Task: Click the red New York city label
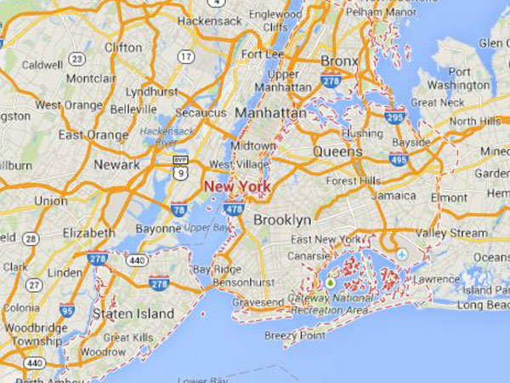click(x=236, y=186)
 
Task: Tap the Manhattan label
click(x=271, y=112)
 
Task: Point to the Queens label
click(x=337, y=151)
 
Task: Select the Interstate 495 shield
click(x=396, y=158)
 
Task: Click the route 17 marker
click(x=184, y=57)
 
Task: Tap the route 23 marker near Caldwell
click(x=77, y=59)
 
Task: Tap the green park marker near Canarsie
click(x=330, y=282)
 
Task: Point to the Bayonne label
click(x=158, y=229)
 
